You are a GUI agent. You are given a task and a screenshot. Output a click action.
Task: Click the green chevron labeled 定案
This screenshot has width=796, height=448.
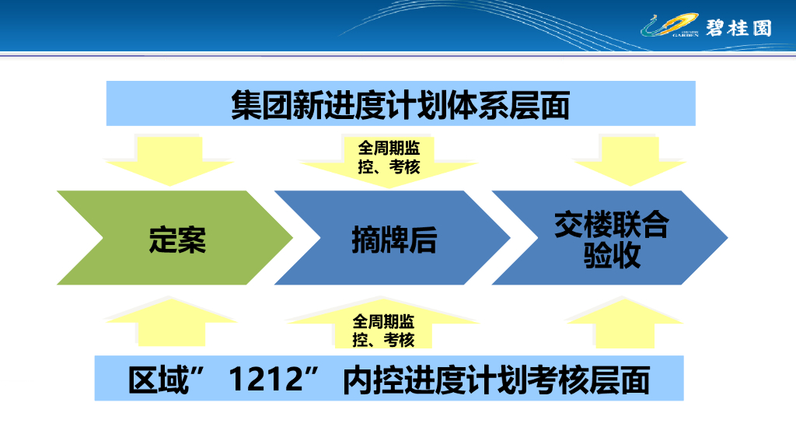coord(175,238)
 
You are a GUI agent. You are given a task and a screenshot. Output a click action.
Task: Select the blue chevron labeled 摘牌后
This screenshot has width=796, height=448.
coord(393,238)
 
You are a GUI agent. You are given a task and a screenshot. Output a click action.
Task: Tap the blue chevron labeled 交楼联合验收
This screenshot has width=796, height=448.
coord(609,238)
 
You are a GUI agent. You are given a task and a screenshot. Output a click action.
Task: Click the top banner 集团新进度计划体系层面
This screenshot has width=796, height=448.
coord(400,103)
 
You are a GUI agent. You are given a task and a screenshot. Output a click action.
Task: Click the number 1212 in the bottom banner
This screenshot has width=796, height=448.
coord(266,379)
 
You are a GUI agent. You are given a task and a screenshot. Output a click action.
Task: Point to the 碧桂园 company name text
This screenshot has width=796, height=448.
coord(738,28)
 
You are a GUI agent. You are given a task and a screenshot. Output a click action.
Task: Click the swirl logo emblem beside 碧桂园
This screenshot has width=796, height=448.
coord(669,26)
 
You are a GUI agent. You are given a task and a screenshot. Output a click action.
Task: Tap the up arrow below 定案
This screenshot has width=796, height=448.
coord(171,322)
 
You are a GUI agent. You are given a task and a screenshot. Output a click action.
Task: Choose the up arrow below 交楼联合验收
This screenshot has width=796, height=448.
coord(624,323)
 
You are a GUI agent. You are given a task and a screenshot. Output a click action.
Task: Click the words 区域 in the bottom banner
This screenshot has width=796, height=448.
coord(159,380)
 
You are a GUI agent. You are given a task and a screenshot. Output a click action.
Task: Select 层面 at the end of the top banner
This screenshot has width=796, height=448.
coord(539,105)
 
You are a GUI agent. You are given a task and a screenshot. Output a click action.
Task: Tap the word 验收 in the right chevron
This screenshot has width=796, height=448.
coord(612,255)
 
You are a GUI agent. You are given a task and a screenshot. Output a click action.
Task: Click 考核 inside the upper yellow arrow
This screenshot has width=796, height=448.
coord(404,166)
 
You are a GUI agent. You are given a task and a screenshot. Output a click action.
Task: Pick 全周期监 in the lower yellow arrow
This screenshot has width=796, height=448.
coord(383,321)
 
